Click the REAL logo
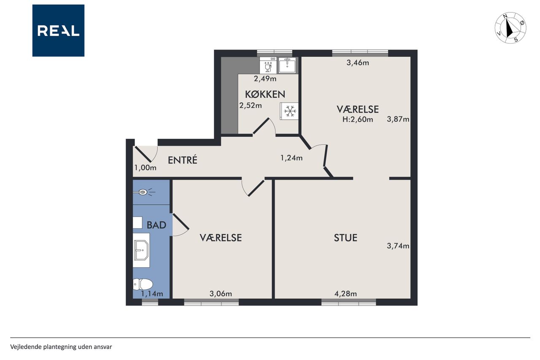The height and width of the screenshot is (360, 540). (x=58, y=31)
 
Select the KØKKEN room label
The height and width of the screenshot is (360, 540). (x=265, y=94)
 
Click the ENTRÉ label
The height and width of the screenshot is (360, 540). (x=183, y=160)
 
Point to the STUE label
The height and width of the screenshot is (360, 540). (x=346, y=238)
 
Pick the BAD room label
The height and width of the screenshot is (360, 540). (x=157, y=225)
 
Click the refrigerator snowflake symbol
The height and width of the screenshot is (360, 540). (x=290, y=111)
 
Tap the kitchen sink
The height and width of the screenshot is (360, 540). (x=287, y=65)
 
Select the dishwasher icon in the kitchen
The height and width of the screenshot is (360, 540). (x=268, y=65)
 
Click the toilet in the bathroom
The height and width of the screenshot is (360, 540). (x=143, y=284)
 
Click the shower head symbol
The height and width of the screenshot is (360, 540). (x=144, y=192)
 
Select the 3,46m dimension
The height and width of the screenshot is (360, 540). (x=358, y=63)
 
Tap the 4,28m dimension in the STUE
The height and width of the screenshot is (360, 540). (x=346, y=294)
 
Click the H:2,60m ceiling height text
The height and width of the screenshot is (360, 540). (x=358, y=119)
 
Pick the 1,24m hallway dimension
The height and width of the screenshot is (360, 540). (x=292, y=158)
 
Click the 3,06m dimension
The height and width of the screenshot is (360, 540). (x=221, y=294)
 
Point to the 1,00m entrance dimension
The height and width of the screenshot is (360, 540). (x=146, y=168)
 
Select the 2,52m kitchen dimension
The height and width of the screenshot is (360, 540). (x=251, y=106)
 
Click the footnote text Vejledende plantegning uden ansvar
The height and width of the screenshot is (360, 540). (x=61, y=347)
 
